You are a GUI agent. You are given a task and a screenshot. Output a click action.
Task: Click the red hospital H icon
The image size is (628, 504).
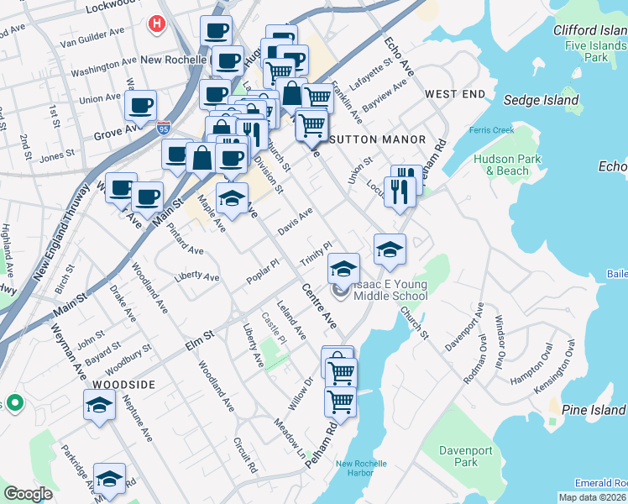155,25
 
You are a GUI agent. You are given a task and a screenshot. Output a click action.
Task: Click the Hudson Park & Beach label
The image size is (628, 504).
501,164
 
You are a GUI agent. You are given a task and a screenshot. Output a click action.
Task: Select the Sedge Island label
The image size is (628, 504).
541,100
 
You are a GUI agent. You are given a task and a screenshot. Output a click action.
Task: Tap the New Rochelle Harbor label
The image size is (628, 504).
361,469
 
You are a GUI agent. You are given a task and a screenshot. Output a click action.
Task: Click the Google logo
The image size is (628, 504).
28,494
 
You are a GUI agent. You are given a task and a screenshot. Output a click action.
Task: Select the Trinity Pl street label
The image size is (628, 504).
317,253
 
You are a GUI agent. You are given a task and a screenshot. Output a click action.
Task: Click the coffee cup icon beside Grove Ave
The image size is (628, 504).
140,106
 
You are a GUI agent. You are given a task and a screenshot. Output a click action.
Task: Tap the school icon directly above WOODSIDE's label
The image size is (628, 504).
99,405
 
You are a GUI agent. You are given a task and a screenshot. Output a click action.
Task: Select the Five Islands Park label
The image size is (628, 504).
597,51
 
